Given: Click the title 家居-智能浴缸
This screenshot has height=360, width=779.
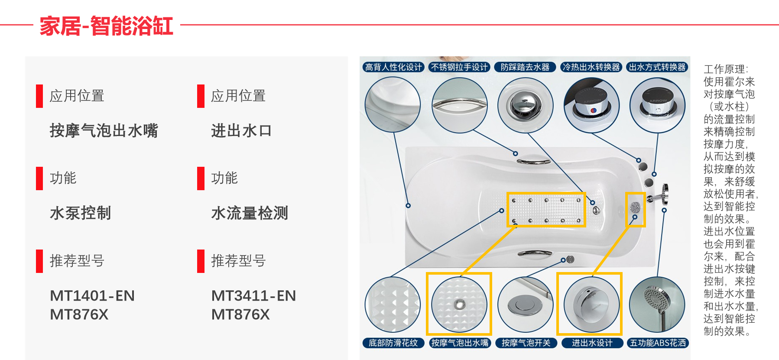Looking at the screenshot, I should click(x=106, y=26).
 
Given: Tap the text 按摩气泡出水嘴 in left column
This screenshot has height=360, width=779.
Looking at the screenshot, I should click(x=104, y=130).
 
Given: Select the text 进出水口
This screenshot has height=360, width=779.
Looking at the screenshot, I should click(x=241, y=130).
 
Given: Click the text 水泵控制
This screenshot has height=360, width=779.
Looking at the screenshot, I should click(x=81, y=213).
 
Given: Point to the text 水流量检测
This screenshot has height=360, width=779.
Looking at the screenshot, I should click(x=250, y=213).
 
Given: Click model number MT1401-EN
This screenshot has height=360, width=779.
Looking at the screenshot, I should click(x=92, y=295).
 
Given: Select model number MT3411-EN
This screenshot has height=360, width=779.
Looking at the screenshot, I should click(x=253, y=295).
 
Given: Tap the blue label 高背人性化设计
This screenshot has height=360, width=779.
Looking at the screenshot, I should click(x=393, y=67).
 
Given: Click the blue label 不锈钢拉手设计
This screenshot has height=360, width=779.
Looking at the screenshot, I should click(x=459, y=67).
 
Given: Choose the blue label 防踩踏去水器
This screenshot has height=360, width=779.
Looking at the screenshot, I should click(x=525, y=67).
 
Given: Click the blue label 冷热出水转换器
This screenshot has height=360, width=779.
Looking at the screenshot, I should click(x=591, y=67).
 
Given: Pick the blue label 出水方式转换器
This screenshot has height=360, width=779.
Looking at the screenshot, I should click(x=657, y=67).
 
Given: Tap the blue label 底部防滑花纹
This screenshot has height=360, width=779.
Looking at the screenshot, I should click(x=393, y=343).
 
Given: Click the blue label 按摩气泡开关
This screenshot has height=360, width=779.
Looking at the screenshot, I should click(x=526, y=343).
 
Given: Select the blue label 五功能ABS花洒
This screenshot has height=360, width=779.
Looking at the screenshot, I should click(x=658, y=343).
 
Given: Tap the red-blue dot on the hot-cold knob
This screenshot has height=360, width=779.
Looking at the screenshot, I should click(x=593, y=111).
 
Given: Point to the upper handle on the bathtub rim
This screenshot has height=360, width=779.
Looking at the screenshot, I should click(x=533, y=162).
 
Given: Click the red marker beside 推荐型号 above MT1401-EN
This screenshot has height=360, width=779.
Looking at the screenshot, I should click(x=39, y=261).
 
